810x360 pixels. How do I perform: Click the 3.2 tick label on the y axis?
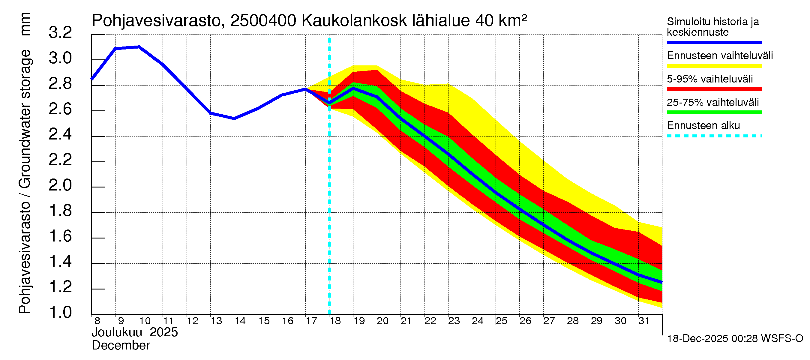pyautogui.click(x=60, y=33)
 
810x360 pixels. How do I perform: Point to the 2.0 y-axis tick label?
pyautogui.click(x=60, y=185)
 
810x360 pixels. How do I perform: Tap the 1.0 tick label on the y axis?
pyautogui.click(x=60, y=313)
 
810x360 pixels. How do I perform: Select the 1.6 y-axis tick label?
pyautogui.click(x=60, y=236)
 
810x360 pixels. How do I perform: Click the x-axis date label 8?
pyautogui.click(x=97, y=321)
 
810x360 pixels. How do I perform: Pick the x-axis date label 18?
pyautogui.click(x=335, y=321)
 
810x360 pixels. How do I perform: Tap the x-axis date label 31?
pyautogui.click(x=644, y=321)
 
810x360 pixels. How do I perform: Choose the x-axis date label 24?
pyautogui.click(x=477, y=321)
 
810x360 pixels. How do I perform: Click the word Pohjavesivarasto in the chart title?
pyautogui.click(x=157, y=21)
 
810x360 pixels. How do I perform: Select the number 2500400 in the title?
pyautogui.click(x=263, y=21)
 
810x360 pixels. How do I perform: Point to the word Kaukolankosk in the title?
pyautogui.click(x=354, y=21)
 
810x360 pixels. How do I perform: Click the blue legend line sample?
pyautogui.click(x=714, y=42)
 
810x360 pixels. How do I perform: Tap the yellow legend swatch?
pyautogui.click(x=714, y=66)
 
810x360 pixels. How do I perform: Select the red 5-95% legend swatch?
pyautogui.click(x=714, y=89)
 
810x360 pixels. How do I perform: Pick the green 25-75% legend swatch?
pyautogui.click(x=714, y=112)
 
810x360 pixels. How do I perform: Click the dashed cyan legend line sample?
pyautogui.click(x=714, y=136)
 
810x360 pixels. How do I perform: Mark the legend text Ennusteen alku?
pyautogui.click(x=703, y=126)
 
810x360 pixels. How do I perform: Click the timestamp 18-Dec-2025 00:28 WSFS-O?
pyautogui.click(x=735, y=339)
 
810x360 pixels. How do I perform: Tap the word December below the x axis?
pyautogui.click(x=121, y=346)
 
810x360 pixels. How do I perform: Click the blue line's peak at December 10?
pyautogui.click(x=139, y=47)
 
